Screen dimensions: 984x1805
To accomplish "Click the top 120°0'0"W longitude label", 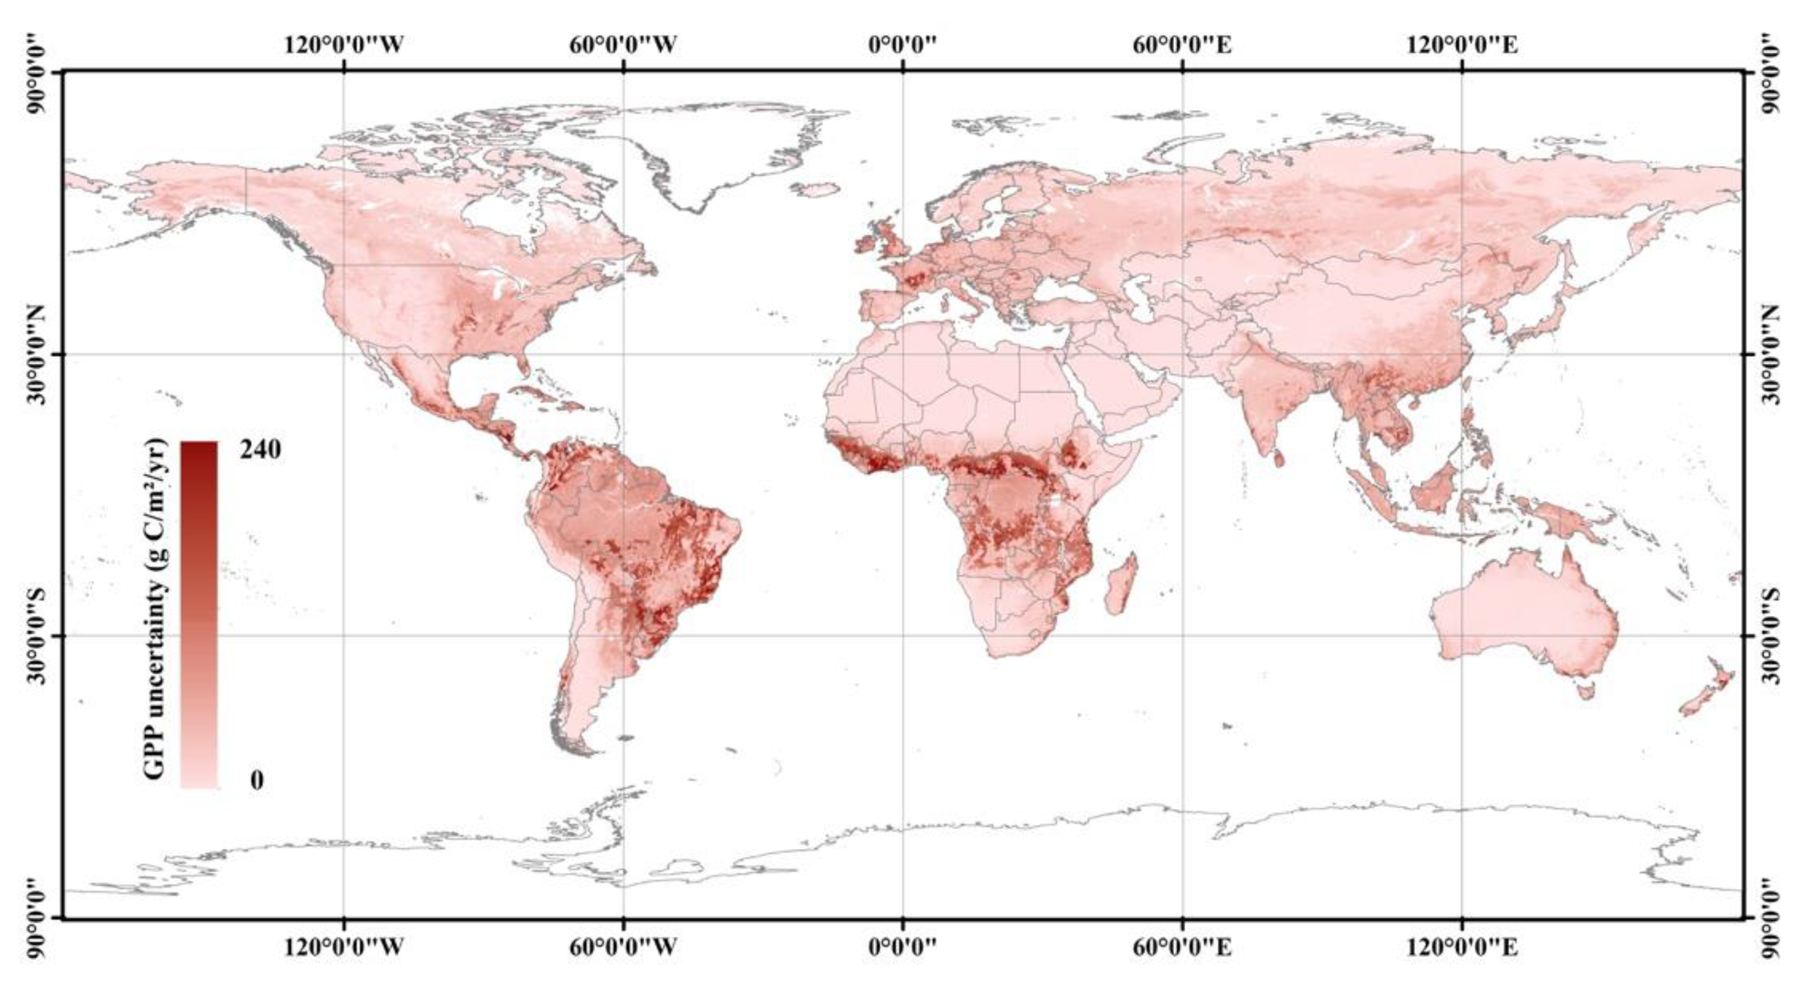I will tap(343, 45).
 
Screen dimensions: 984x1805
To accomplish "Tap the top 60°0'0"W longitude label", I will tap(623, 45).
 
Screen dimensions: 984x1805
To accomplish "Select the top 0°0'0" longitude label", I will tap(903, 45).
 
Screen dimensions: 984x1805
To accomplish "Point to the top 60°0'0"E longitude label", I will tap(1182, 45).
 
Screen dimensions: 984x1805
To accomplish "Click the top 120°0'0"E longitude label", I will tap(1462, 45).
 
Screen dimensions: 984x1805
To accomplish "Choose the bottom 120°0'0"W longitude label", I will tap(343, 948).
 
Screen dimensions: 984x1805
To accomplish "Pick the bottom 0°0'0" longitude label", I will tap(903, 948).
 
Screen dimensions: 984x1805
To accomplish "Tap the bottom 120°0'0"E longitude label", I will tap(1462, 948).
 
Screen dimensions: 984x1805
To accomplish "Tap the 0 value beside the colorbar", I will tap(257, 780).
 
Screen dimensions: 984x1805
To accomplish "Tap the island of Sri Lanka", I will tap(1279, 457).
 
